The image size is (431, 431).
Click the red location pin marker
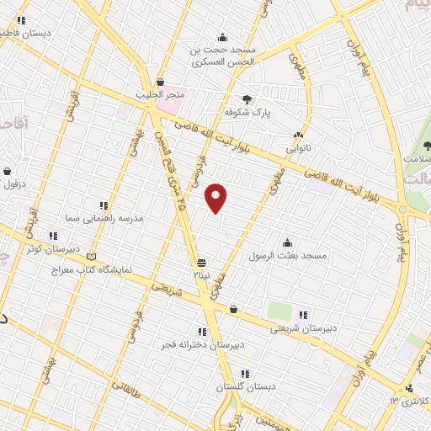point(216,198)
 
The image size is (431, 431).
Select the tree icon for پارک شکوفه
point(247,99)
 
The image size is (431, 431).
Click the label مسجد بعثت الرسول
point(286,254)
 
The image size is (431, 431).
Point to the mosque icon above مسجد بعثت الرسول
point(287,242)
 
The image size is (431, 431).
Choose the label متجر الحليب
point(160,94)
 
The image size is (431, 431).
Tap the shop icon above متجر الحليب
point(160,82)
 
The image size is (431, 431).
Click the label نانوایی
point(299,147)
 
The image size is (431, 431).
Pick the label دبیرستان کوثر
point(52,249)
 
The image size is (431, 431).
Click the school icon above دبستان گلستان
point(245,374)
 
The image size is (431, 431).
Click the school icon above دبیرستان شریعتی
point(303,315)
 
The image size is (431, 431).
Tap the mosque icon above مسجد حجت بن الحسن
point(221,37)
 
